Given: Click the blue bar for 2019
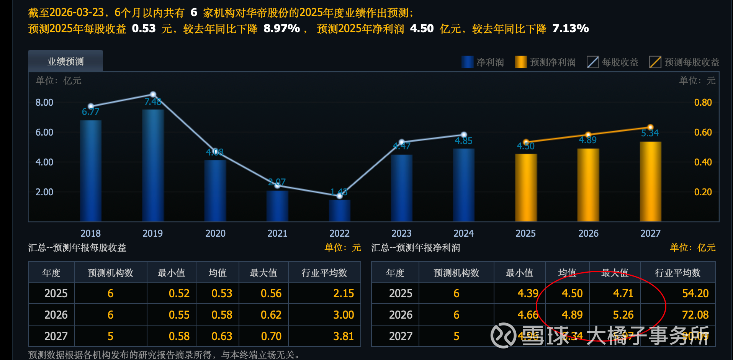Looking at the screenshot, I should tap(153, 165).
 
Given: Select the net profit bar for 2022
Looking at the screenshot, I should tap(339, 210).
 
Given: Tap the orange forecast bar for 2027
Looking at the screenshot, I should tap(650, 182).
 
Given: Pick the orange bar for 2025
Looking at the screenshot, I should tap(526, 188).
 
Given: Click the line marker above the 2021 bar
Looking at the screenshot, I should tap(277, 185).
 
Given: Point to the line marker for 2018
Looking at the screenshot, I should tap(91, 106).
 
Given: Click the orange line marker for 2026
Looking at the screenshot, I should tap(588, 134).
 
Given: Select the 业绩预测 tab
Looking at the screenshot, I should tap(65, 61).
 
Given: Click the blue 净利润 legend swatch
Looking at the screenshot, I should tap(467, 62).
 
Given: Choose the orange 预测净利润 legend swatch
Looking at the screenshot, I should tap(520, 62).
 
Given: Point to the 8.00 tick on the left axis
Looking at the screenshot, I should tap(44, 102).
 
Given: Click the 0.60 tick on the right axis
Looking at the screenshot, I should tap(703, 132).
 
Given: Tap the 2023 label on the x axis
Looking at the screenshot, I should tap(401, 233).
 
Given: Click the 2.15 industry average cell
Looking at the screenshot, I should tap(344, 293).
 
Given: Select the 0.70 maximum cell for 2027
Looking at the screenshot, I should tap(271, 336).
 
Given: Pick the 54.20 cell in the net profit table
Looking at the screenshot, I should tap(695, 293).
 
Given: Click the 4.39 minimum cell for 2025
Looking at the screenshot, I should tap(528, 293).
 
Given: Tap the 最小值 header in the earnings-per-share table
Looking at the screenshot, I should tap(171, 273).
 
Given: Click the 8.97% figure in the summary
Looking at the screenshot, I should tap(281, 28).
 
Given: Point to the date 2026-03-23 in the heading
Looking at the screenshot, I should tap(77, 13).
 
